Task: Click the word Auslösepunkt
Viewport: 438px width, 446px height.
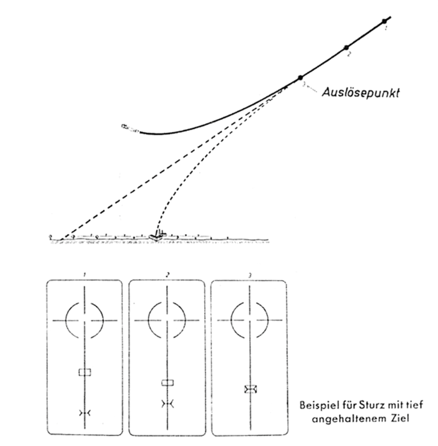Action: coord(360,93)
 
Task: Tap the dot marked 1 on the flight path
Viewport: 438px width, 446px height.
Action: coord(384,21)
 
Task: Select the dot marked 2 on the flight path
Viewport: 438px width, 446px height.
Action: coord(346,48)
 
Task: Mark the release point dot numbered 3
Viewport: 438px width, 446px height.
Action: coord(300,78)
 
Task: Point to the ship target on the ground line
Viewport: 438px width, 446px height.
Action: coord(157,235)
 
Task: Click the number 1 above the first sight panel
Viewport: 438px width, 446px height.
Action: coord(84,275)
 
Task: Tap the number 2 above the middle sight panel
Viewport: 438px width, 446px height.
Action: coord(168,275)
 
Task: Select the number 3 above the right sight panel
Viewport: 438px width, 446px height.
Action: coord(250,276)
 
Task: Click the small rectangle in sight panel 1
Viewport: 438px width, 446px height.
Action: coord(85,372)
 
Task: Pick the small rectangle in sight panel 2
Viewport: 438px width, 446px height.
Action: coord(168,382)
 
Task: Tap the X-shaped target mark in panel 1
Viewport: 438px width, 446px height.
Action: coord(85,413)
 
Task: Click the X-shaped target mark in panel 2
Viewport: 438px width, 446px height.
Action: coord(168,404)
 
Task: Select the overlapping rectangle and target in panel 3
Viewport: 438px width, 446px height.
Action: coord(251,389)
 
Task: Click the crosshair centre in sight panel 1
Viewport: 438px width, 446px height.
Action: coord(85,320)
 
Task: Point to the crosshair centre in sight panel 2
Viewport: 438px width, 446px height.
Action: coord(167,320)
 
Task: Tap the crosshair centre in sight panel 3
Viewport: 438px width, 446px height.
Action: coord(250,320)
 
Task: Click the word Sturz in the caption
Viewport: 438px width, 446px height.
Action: coord(368,405)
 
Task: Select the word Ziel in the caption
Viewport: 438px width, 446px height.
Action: coord(401,418)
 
